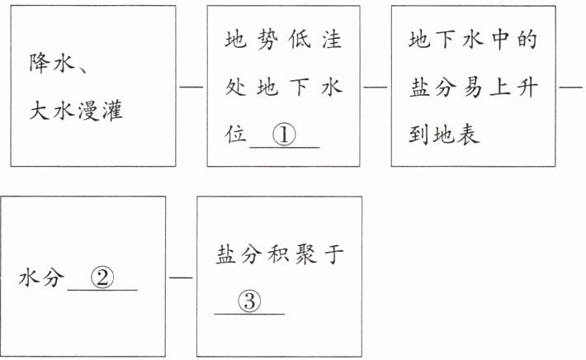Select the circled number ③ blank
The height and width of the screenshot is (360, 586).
249,302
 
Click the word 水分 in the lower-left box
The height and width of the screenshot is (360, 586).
40,279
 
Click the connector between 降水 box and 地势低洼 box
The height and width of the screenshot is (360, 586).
191,87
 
